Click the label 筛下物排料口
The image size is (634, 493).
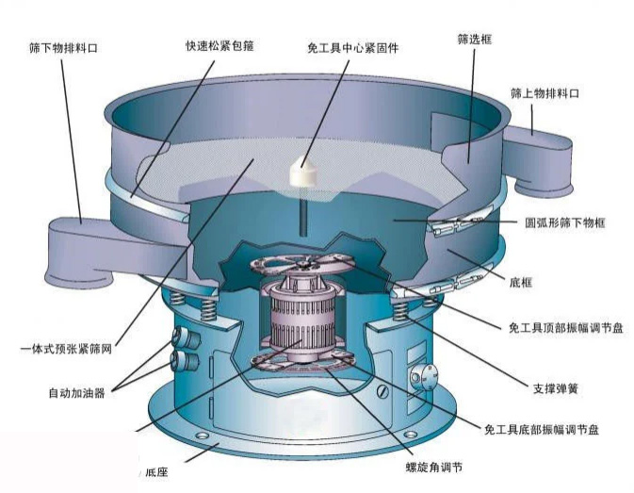point(63,48)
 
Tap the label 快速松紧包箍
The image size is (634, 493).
point(219,45)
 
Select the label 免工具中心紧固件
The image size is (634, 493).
point(353,48)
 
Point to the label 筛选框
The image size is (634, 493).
point(475,40)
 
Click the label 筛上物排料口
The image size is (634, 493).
point(545,93)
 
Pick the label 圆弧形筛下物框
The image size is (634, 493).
point(565,222)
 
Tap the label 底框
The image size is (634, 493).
point(520,282)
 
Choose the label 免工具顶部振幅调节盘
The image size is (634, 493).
point(565,328)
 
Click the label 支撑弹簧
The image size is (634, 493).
point(556,388)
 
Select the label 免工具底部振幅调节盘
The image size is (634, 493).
point(542,429)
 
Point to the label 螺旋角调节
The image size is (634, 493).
point(434,468)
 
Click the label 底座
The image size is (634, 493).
point(156,472)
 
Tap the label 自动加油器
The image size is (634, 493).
point(77,393)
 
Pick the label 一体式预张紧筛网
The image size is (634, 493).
point(66,348)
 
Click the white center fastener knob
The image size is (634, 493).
point(303,172)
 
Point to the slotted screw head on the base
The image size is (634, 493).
point(382,391)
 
